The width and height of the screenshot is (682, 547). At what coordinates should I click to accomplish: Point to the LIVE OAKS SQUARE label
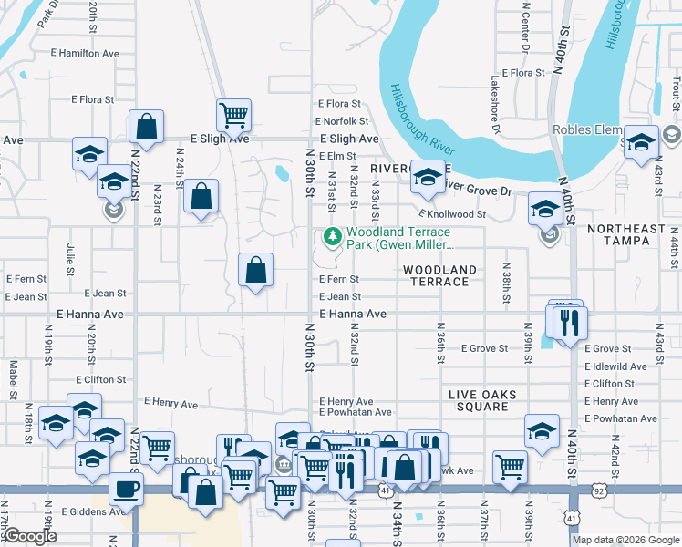pyautogui.click(x=482, y=400)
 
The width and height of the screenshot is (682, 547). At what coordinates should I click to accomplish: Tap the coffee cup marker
pyautogui.click(x=127, y=488)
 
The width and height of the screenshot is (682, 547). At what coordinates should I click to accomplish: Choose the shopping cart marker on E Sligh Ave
pyautogui.click(x=233, y=115)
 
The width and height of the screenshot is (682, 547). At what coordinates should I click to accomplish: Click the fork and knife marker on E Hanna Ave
pyautogui.click(x=569, y=322)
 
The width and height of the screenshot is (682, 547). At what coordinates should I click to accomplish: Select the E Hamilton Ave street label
pyautogui.click(x=88, y=54)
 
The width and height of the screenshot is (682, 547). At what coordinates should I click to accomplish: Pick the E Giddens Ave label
pyautogui.click(x=91, y=511)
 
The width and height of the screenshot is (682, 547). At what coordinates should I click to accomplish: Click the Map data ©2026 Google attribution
pyautogui.click(x=625, y=540)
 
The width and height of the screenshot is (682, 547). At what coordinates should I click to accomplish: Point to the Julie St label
pyautogui.click(x=70, y=258)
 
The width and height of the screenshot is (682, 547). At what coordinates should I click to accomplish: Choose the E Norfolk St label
pyautogui.click(x=342, y=120)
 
